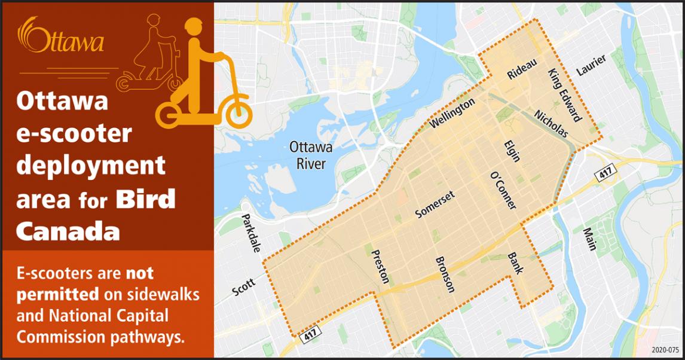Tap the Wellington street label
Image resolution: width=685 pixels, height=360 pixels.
point(452,113)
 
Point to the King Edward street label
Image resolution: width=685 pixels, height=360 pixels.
point(564,94)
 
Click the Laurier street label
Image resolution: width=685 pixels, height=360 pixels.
point(591,65)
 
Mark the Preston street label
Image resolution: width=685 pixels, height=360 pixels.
point(381,266)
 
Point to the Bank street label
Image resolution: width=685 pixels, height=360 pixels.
point(515,263)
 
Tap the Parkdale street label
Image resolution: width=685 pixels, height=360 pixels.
point(251,233)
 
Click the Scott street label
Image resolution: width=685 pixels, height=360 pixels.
point(243,286)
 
